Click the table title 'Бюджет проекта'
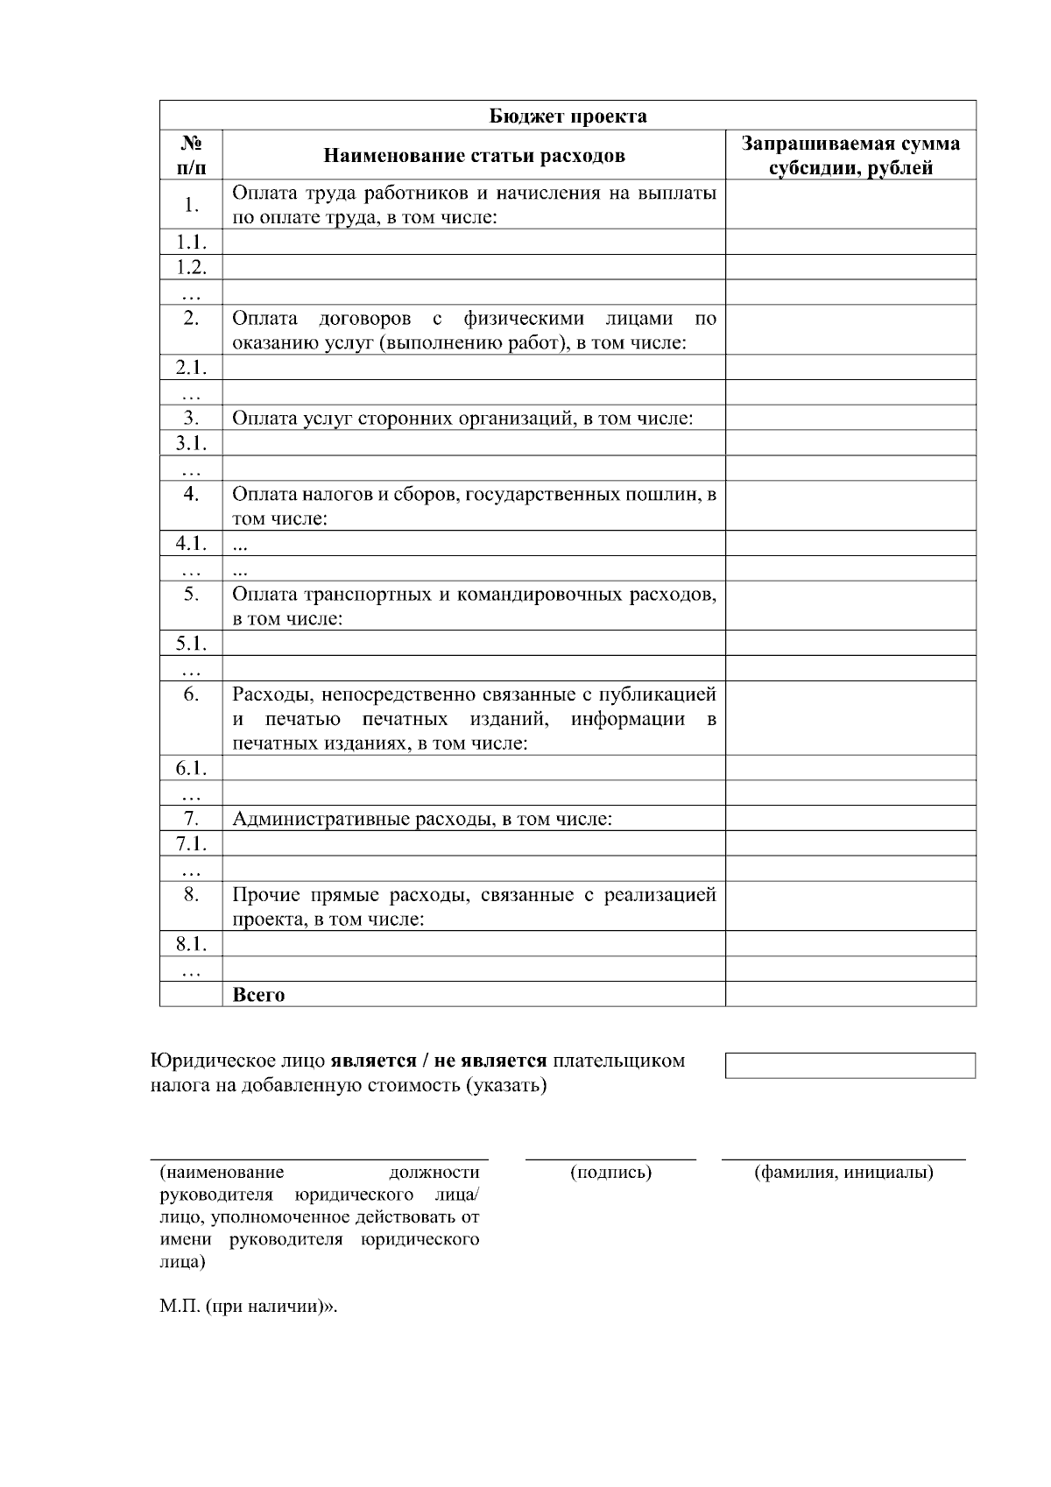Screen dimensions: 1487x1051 tap(568, 116)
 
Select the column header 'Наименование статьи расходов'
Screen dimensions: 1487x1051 tap(474, 156)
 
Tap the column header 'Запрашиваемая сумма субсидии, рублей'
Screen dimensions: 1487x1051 tap(850, 156)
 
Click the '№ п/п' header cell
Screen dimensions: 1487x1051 tap(191, 155)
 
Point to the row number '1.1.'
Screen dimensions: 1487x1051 tap(191, 243)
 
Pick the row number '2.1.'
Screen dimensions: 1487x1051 tap(191, 368)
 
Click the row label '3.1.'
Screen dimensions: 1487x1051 tap(191, 443)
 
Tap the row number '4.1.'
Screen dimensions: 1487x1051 tap(191, 543)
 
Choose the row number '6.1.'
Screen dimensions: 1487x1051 tap(191, 768)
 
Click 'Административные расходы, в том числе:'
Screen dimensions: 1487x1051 tap(421, 819)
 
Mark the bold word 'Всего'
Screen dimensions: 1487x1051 tap(258, 995)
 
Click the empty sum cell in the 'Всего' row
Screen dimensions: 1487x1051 tap(850, 994)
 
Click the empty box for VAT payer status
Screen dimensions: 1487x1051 tap(850, 1065)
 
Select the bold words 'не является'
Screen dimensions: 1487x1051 tap(490, 1061)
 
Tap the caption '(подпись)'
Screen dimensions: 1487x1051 tap(610, 1172)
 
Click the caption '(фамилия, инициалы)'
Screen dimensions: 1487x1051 tap(843, 1172)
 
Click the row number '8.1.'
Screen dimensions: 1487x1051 tap(191, 943)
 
